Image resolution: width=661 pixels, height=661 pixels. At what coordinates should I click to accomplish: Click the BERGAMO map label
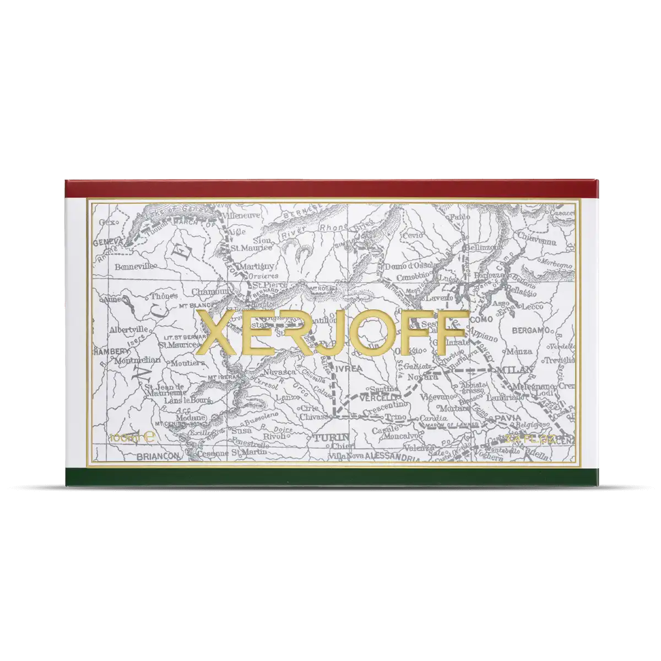pos(531,330)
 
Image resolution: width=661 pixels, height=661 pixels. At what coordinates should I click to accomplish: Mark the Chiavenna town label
pos(537,241)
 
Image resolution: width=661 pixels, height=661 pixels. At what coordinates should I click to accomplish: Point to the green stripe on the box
pos(330,476)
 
